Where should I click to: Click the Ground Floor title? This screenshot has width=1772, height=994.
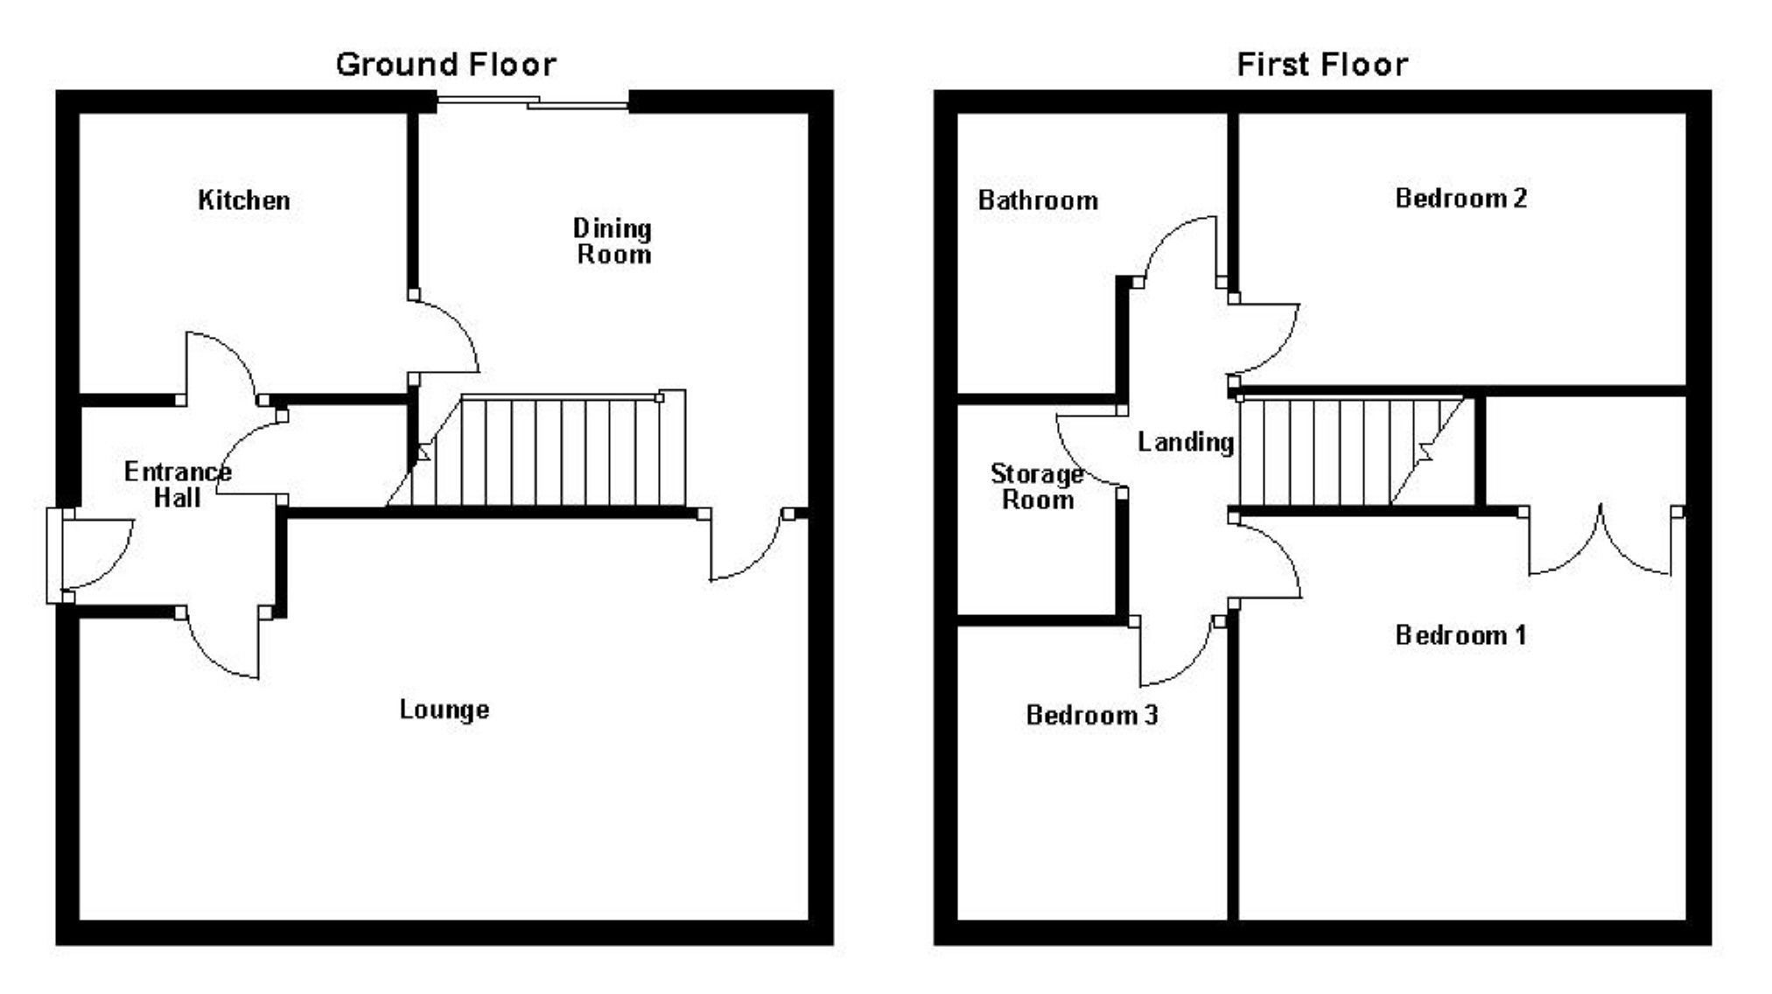(x=445, y=65)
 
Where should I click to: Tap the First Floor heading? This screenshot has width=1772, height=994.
(x=1321, y=65)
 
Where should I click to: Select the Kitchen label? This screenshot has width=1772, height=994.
(x=243, y=200)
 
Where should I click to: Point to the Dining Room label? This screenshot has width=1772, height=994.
(x=613, y=241)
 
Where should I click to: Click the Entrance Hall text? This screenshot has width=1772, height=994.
(x=178, y=485)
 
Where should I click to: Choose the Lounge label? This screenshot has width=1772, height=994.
(x=444, y=710)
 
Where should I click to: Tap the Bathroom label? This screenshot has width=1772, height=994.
(x=1038, y=200)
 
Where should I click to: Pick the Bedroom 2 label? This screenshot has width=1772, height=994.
(x=1460, y=199)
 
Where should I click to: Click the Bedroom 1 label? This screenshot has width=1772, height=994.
(x=1460, y=635)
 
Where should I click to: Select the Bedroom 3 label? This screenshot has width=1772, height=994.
(x=1091, y=716)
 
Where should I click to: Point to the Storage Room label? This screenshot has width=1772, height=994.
(x=1037, y=486)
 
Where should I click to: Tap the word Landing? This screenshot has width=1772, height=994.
(x=1185, y=442)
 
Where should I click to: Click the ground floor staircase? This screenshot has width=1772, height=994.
(x=551, y=451)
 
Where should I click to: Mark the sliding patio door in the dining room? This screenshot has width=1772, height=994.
(x=533, y=102)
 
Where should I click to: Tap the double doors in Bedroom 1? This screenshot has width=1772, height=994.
(x=1600, y=542)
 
